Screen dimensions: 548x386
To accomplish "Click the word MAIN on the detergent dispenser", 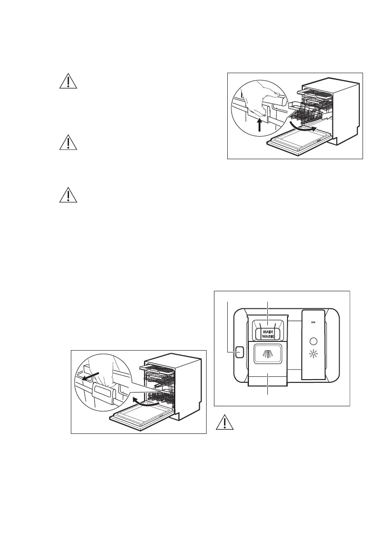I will pyautogui.click(x=268, y=331).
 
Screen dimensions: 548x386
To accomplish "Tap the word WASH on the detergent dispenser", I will pyautogui.click(x=268, y=336).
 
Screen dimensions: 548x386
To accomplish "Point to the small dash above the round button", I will pyautogui.click(x=313, y=323).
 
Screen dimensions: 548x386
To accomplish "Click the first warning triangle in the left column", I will pyautogui.click(x=68, y=81).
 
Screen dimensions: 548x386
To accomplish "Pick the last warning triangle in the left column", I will pyautogui.click(x=68, y=195).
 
